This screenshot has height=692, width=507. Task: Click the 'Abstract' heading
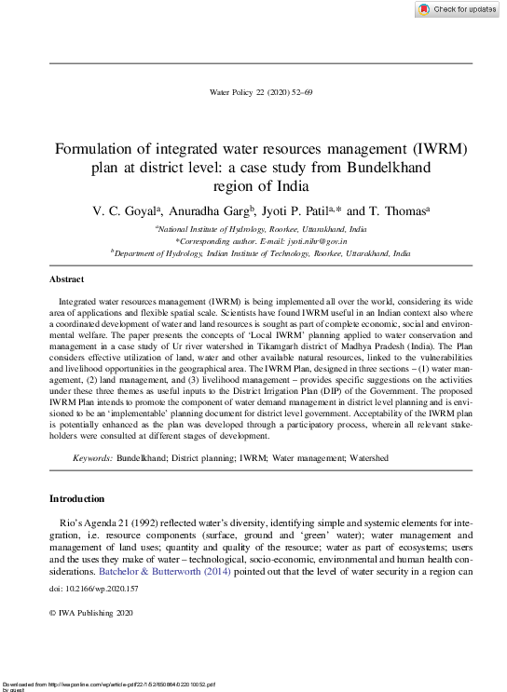click(x=66, y=279)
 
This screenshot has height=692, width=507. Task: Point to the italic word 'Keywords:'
click(x=93, y=459)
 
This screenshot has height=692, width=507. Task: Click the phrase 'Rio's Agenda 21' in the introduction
click(x=103, y=525)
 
